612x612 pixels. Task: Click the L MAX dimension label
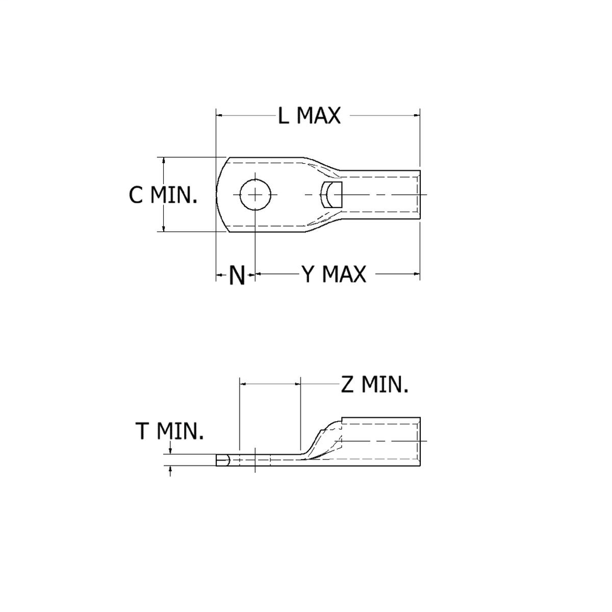coord(309,115)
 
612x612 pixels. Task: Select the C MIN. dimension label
coord(163,195)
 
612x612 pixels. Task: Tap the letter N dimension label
coord(237,276)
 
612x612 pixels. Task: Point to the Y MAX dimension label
coord(333,274)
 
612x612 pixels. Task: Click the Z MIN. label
coord(375,385)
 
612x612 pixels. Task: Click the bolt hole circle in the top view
coord(255,194)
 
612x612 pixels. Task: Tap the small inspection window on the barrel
coord(331,195)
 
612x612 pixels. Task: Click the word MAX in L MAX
coord(319,115)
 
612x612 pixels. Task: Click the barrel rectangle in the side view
coord(381,442)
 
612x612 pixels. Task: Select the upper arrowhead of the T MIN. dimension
coord(172,452)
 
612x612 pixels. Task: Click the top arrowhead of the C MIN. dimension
coord(163,161)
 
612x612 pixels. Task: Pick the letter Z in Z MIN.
coord(347,385)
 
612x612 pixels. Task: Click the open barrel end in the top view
coord(419,195)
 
